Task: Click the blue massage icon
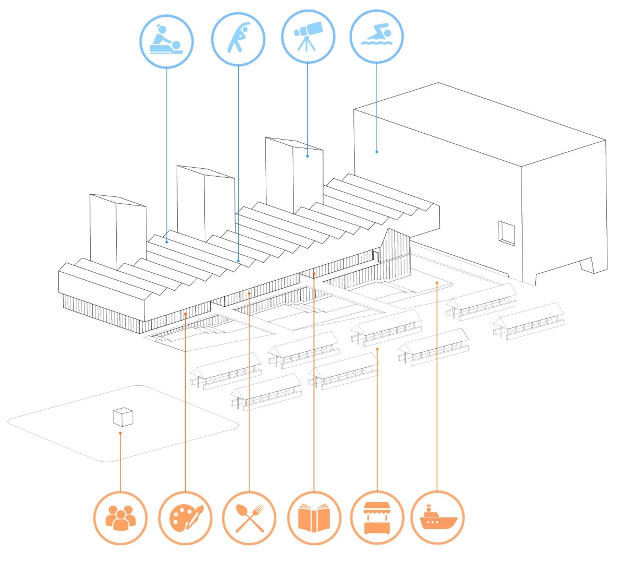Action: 167,41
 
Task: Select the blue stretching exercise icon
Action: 238,39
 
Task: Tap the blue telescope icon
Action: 308,36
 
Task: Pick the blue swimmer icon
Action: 377,36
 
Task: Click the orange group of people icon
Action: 120,518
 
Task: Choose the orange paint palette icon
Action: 185,518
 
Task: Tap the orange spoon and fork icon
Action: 249,518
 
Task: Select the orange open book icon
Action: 314,518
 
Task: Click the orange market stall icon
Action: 377,518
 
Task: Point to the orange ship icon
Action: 438,518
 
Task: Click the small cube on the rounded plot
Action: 123,417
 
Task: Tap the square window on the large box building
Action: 507,233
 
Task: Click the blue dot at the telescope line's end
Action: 308,157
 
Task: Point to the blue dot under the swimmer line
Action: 377,152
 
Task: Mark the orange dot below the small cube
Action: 120,434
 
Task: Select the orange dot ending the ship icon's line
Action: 437,283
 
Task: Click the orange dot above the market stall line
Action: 377,349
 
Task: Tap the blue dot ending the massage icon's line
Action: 167,242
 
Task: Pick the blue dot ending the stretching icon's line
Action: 238,261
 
